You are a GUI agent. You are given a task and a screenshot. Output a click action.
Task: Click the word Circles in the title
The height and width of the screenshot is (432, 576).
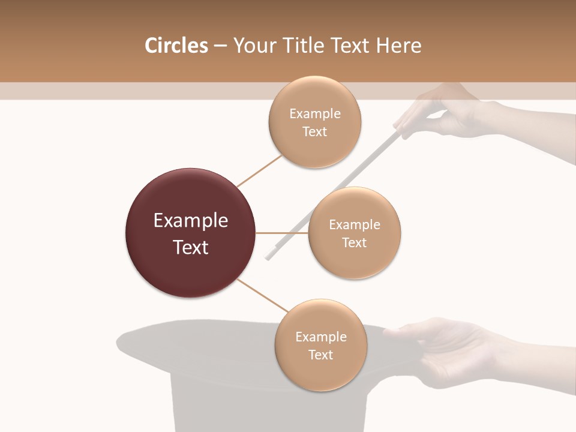pyautogui.click(x=176, y=46)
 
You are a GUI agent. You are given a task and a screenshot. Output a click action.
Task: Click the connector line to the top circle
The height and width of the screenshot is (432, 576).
pyautogui.click(x=259, y=170)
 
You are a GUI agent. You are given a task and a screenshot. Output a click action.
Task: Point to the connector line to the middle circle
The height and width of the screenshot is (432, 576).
pyautogui.click(x=282, y=233)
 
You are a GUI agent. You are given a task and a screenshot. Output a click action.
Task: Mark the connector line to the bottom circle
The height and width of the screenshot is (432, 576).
pyautogui.click(x=259, y=296)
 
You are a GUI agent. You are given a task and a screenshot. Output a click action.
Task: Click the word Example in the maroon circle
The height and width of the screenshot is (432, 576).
pyautogui.click(x=190, y=221)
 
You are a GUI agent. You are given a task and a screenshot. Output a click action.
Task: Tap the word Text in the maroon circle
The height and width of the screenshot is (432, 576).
pyautogui.click(x=190, y=247)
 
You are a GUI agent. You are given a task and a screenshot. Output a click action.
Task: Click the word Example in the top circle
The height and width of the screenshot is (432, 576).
pyautogui.click(x=314, y=114)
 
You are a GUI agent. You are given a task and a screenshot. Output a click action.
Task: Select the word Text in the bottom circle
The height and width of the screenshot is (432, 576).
pyautogui.click(x=320, y=355)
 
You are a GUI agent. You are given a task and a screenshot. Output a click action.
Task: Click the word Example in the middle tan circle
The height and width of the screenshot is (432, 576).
pyautogui.click(x=354, y=225)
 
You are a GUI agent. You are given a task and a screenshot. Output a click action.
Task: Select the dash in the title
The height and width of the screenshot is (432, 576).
pyautogui.click(x=220, y=46)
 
